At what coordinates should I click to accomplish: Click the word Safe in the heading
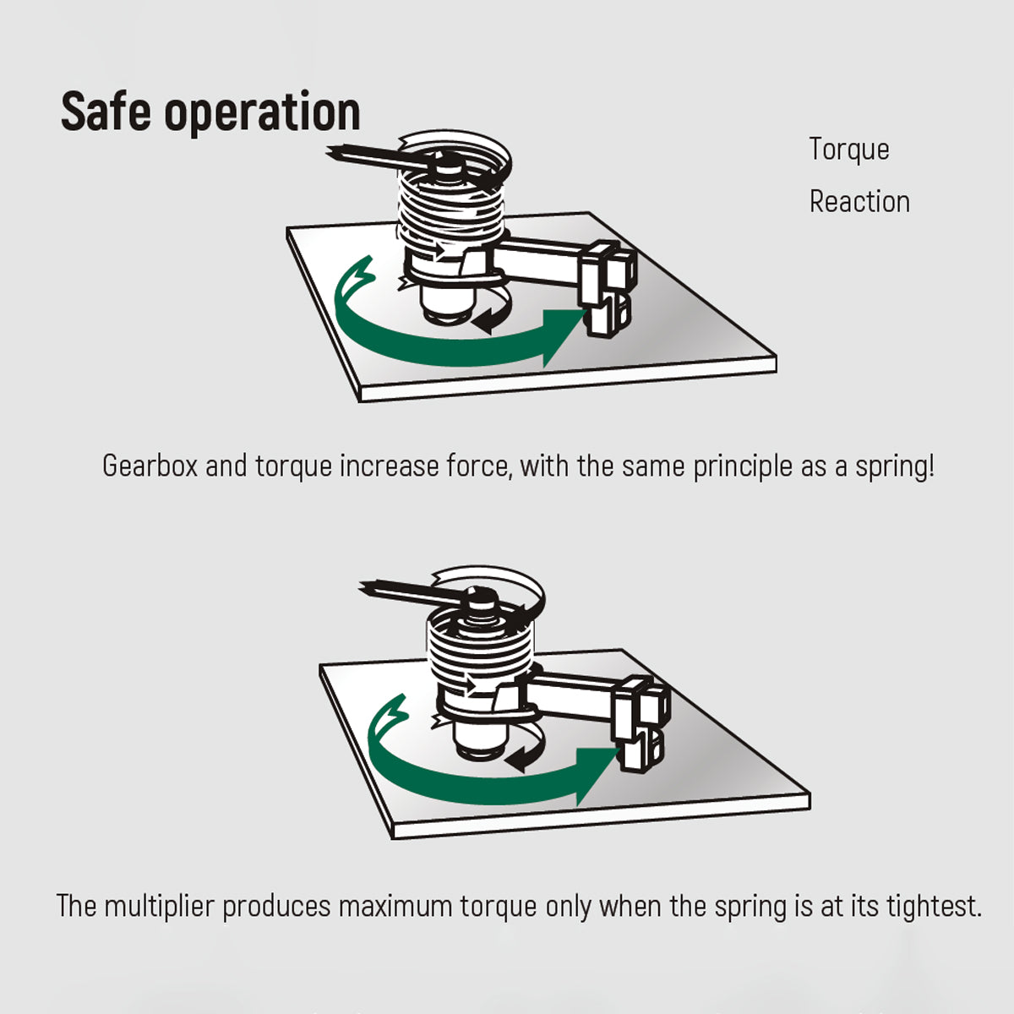(106, 111)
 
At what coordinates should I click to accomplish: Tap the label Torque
(849, 150)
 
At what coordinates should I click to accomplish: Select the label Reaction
(860, 202)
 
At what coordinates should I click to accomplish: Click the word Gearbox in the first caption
(150, 466)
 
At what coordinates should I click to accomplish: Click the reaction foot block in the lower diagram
(641, 725)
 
